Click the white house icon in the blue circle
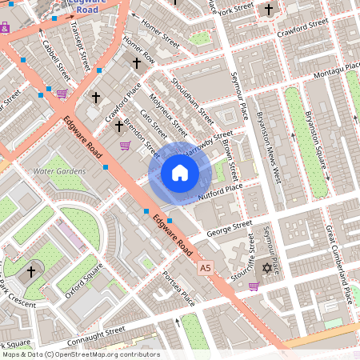180,172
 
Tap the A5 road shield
206,266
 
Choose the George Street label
230,228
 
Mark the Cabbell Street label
55,58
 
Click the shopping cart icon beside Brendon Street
125,145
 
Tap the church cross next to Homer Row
136,62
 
